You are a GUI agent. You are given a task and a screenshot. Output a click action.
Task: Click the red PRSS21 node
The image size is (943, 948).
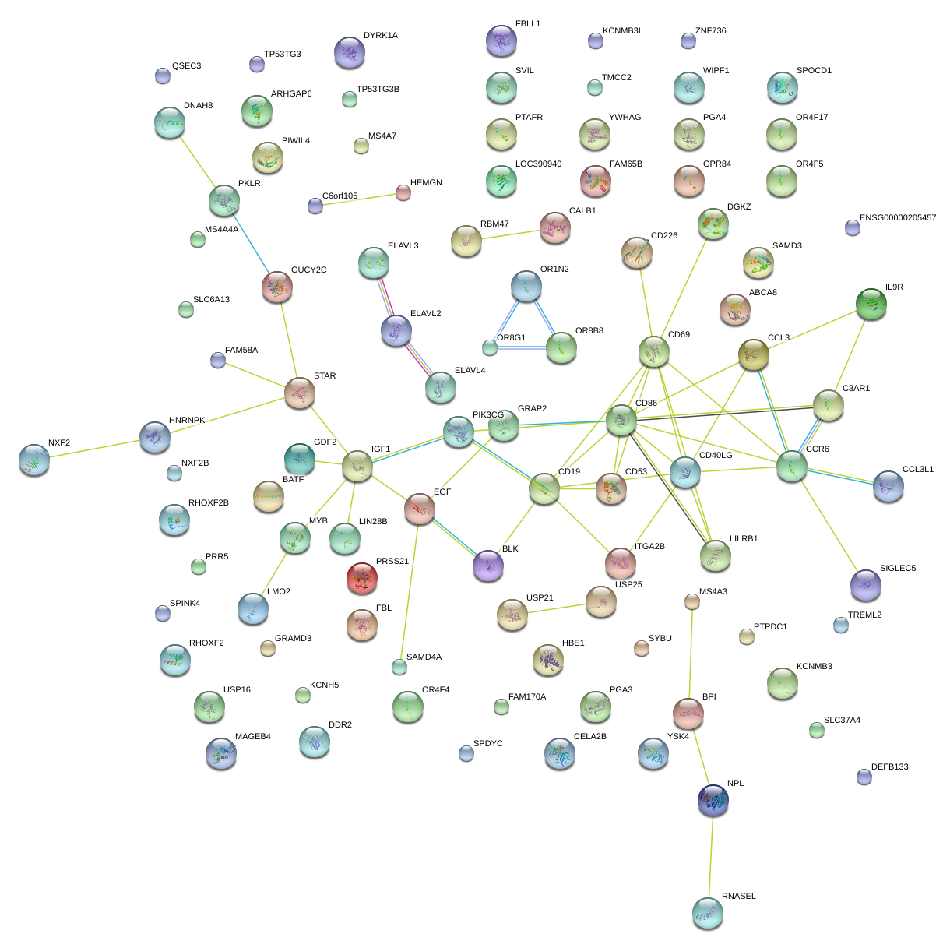(x=361, y=577)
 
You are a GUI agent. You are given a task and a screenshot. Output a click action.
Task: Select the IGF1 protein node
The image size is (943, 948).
(x=357, y=466)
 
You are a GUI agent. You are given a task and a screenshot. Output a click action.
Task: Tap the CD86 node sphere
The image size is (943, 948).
(x=621, y=420)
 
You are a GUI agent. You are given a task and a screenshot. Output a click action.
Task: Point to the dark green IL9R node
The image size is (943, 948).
(x=871, y=304)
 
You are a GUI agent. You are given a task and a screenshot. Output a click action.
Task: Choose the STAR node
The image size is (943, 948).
(x=299, y=393)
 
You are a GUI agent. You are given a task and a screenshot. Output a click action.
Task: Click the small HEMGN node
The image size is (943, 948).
(x=403, y=192)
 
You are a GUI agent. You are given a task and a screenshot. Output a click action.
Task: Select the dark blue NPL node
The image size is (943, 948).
(x=713, y=800)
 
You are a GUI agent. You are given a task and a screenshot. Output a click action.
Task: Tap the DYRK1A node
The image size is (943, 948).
(x=349, y=52)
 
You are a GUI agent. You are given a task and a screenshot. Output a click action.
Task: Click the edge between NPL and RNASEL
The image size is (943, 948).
(x=710, y=857)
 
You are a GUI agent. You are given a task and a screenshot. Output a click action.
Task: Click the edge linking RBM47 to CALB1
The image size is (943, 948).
(x=510, y=234)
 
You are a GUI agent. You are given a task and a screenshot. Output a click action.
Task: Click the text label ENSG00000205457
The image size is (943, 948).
(x=897, y=218)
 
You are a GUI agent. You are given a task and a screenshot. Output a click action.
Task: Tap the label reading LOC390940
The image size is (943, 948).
(x=538, y=164)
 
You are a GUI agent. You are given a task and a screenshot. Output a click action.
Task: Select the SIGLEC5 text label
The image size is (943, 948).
(x=897, y=569)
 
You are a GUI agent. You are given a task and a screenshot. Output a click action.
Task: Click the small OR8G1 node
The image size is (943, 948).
(x=489, y=347)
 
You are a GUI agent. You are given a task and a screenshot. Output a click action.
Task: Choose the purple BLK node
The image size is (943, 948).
(x=487, y=566)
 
